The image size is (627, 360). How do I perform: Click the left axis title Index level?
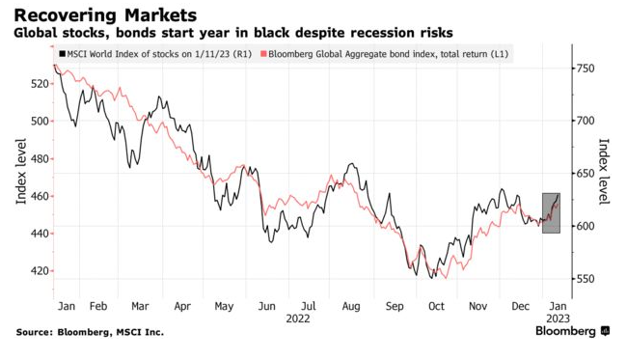20,172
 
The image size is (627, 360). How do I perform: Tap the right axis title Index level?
605,172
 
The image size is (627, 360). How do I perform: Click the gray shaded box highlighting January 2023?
551,213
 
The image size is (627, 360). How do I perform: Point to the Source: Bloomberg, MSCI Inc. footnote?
90,332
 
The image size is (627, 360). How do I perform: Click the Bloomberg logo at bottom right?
572,331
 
